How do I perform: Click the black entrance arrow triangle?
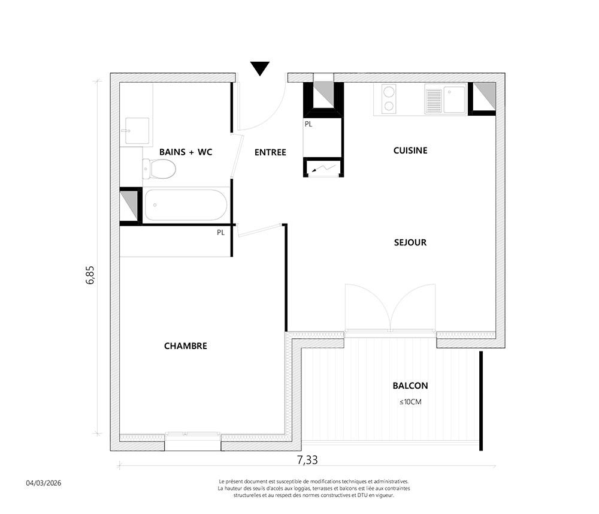[260, 68]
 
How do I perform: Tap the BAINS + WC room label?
[186, 152]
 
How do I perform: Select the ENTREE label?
[271, 152]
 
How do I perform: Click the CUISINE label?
[410, 151]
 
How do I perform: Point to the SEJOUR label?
[410, 242]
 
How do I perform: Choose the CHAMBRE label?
[186, 346]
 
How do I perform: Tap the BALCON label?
[410, 386]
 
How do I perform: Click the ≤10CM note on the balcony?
[410, 402]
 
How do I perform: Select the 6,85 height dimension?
[90, 275]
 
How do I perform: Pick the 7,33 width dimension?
[307, 459]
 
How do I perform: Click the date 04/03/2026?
[44, 483]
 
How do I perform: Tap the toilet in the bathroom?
[159, 169]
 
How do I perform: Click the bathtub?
[186, 205]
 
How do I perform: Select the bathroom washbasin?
[137, 131]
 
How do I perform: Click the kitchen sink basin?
[454, 100]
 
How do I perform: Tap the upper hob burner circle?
[389, 92]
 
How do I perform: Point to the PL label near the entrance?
[308, 124]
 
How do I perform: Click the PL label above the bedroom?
[221, 233]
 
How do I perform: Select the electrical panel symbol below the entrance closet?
[323, 168]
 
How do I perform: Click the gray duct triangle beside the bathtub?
[130, 205]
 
